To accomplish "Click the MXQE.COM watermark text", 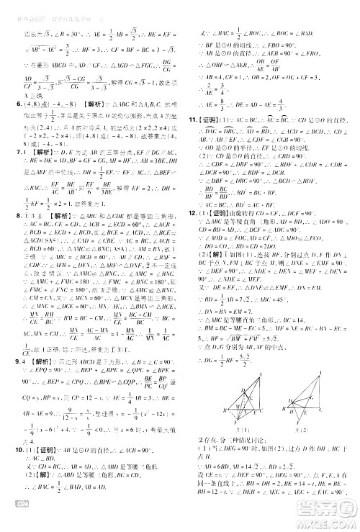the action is tap(328, 523).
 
